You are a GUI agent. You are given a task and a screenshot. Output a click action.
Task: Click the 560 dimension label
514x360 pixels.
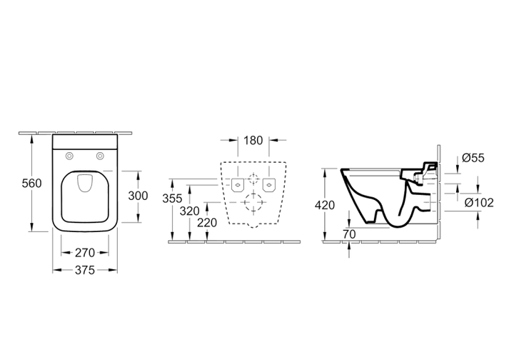pos(32,184)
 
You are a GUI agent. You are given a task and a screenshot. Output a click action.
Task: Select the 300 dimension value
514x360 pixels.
pos(138,196)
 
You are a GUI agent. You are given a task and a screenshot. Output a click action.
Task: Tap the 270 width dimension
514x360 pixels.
pos(85,253)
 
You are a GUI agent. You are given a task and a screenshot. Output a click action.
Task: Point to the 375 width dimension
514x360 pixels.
pos(85,270)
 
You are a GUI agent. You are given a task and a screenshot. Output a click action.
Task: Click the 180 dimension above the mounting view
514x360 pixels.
pos(253,140)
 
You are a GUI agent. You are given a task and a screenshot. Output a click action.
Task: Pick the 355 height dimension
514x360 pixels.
pos(172,199)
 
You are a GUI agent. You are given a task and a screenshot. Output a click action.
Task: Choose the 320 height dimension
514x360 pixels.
pos(189,211)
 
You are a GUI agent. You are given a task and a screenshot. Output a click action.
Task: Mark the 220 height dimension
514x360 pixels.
pos(207,223)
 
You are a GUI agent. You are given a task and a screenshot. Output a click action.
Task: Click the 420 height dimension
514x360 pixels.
pos(325,205)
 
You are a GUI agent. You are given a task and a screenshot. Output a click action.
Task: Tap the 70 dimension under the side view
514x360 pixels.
pos(349,234)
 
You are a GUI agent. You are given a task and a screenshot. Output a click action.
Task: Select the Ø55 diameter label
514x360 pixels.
pos(473,158)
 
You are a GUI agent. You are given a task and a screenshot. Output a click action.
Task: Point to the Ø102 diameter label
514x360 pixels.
pos(479,203)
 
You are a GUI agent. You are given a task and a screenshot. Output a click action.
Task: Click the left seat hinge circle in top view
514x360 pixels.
pos(69,156)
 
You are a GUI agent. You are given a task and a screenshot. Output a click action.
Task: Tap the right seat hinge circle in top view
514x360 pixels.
pos(101,156)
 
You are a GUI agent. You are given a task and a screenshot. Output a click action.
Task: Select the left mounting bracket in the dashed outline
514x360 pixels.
pos(238,185)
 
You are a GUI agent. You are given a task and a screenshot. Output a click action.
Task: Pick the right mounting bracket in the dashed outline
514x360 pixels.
pos(269,185)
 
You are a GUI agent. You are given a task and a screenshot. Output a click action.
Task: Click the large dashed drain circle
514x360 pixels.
pos(253,203)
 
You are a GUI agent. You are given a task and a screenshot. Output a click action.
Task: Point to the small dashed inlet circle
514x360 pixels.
pos(253,179)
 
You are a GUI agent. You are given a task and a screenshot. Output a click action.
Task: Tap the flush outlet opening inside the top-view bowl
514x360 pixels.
pos(85,184)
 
